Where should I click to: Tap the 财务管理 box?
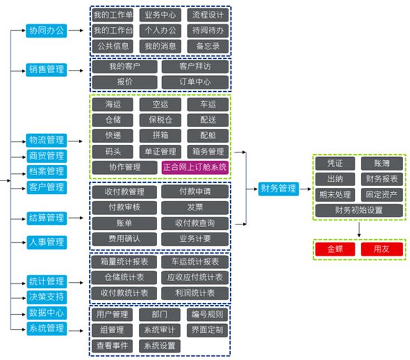click(x=279, y=188)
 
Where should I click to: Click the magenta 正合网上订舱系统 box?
click(x=195, y=167)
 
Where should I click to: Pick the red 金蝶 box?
click(x=335, y=249)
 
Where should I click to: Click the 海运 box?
click(x=112, y=105)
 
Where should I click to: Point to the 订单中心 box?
click(x=195, y=82)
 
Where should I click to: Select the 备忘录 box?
click(x=208, y=46)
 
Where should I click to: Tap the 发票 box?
click(x=195, y=207)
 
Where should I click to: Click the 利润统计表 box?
click(x=195, y=292)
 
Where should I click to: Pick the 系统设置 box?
click(x=160, y=345)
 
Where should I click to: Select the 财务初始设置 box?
click(x=359, y=211)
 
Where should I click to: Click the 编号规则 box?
click(x=208, y=315)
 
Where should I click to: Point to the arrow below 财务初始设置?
click(x=359, y=229)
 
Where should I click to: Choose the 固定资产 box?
click(x=382, y=195)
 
